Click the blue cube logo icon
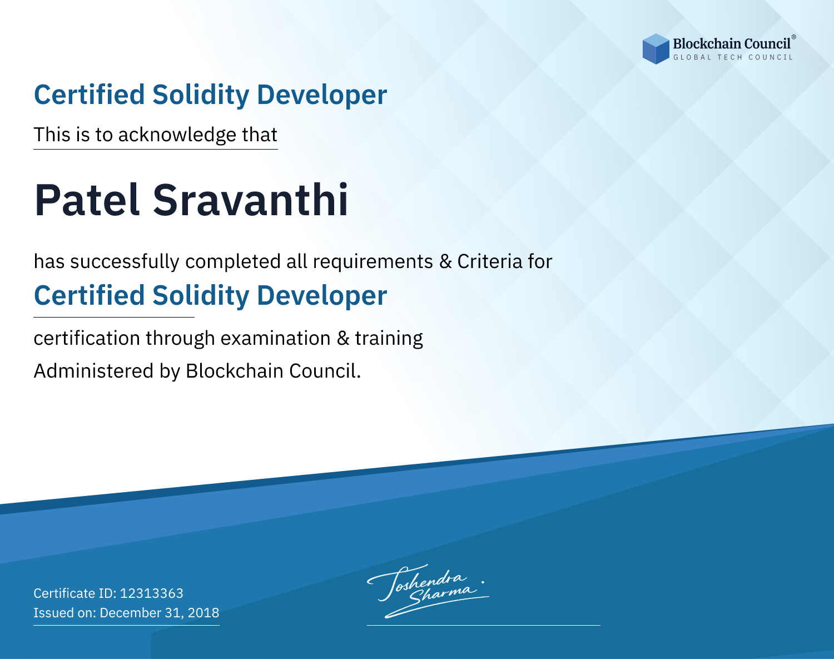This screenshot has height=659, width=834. (x=656, y=49)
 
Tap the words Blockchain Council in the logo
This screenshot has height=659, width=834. (x=731, y=44)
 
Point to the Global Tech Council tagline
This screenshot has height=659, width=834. (x=733, y=57)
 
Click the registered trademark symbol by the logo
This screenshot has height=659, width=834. (x=793, y=37)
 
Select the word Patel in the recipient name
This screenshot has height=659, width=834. (x=87, y=200)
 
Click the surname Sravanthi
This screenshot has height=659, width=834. (x=250, y=200)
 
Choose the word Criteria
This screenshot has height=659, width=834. (x=489, y=261)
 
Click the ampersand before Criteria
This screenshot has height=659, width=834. (x=445, y=262)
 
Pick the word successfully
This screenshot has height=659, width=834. (x=125, y=262)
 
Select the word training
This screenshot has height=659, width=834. (x=389, y=339)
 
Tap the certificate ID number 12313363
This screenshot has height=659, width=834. (x=152, y=593)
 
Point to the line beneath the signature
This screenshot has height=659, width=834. (x=483, y=625)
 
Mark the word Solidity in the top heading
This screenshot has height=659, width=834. (x=201, y=95)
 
